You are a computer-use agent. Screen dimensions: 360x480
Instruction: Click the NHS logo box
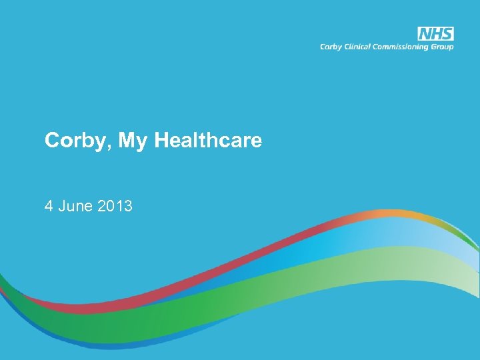coord(435,34)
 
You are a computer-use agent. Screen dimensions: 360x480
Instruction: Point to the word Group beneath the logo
coord(443,47)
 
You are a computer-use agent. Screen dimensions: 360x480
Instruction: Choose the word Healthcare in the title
coord(208,140)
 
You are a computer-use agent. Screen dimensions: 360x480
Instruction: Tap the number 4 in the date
coord(49,207)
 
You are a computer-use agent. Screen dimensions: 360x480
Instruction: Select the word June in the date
coord(75,207)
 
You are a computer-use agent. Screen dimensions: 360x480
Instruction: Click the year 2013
coord(115,207)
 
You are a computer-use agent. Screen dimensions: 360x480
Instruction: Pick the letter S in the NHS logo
coord(447,34)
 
